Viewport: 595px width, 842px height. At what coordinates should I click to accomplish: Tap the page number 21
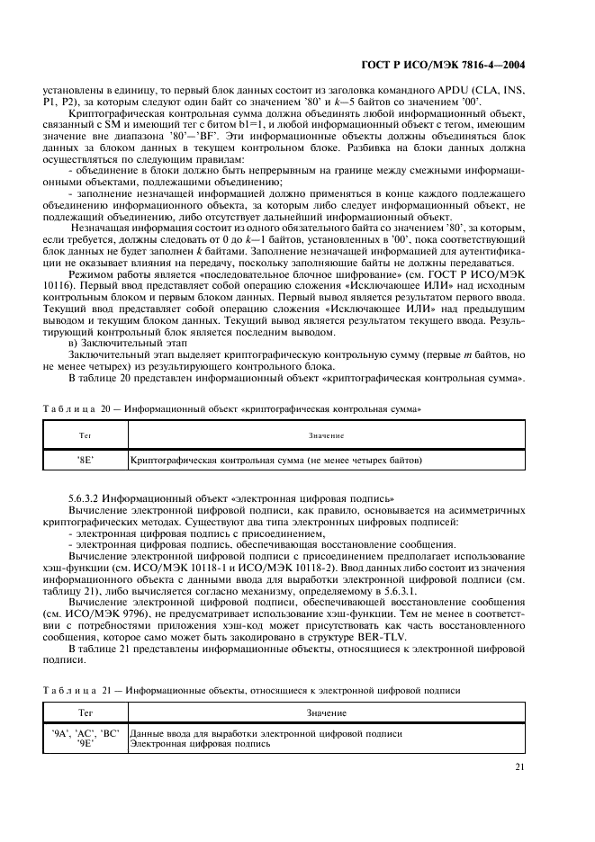coord(520,766)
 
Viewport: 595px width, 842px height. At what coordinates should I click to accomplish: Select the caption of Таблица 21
coord(255,690)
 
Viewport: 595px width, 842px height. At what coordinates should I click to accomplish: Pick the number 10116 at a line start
coord(58,298)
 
